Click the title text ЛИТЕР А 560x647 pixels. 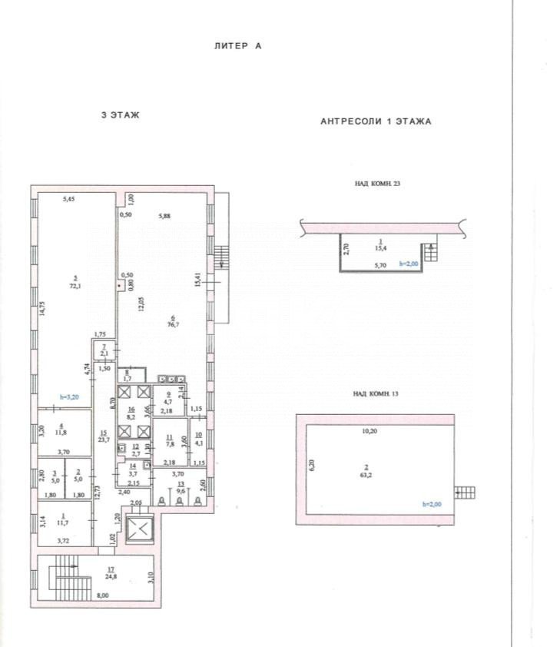(x=237, y=46)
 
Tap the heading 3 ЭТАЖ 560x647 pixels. (x=120, y=114)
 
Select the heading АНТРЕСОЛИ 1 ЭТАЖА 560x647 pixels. (x=376, y=121)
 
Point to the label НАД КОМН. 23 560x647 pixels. (x=377, y=184)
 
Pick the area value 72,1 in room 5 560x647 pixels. (x=75, y=285)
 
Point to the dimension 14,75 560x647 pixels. (x=43, y=307)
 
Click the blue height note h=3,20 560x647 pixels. (x=70, y=397)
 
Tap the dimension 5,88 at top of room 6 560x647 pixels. (x=164, y=216)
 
